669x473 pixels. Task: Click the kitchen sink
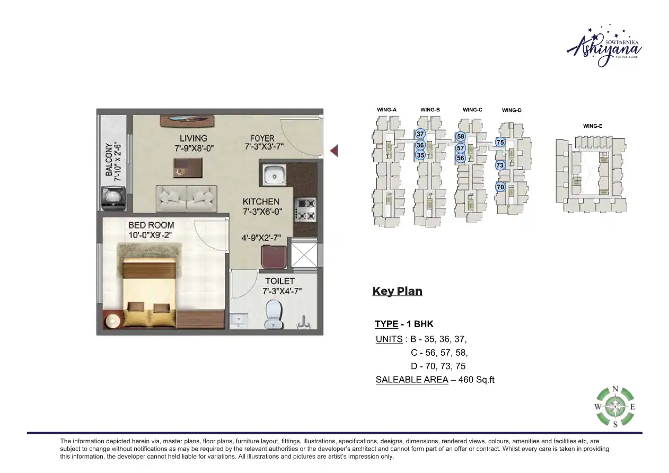[x=274, y=174]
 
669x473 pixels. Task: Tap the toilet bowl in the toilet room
[x=274, y=315]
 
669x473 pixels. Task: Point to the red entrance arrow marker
[x=334, y=151]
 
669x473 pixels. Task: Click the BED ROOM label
[x=151, y=225]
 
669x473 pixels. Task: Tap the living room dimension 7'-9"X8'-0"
[x=194, y=148]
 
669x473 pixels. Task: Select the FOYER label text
[x=263, y=138]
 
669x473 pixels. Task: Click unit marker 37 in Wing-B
[x=420, y=134]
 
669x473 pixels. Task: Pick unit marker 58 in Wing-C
[x=461, y=137]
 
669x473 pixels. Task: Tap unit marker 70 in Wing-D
[x=500, y=187]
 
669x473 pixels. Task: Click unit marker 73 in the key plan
[x=500, y=165]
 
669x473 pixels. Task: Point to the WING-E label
[x=592, y=126]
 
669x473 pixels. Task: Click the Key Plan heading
[x=397, y=291]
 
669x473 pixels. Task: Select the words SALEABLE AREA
[x=411, y=380]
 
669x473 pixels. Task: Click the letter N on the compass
[x=615, y=389]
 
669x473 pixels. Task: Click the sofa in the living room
[x=186, y=198]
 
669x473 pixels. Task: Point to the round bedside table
[x=113, y=321]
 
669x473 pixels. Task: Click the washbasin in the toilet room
[x=239, y=321]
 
